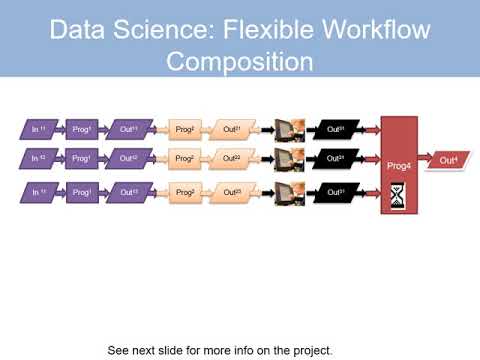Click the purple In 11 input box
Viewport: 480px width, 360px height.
(37, 129)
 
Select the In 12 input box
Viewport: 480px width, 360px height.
(37, 158)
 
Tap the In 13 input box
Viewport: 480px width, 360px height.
(37, 191)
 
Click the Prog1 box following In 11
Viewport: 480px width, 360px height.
(81, 129)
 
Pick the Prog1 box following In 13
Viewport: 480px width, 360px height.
(81, 191)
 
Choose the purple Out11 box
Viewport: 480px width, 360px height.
(128, 129)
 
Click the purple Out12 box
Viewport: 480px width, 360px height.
(128, 158)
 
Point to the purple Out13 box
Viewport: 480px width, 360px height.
(128, 191)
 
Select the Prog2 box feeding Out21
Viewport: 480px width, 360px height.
(185, 129)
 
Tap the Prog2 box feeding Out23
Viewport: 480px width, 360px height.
(185, 191)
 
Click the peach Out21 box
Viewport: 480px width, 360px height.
(232, 129)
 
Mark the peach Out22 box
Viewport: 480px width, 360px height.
(232, 158)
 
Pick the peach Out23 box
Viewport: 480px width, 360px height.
(232, 191)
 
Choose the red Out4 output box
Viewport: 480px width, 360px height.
(448, 159)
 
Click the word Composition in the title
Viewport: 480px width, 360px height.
(240, 62)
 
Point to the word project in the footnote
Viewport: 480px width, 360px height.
(306, 350)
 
